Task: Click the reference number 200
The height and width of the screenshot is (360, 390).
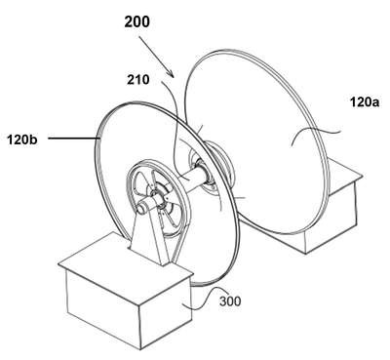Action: (x=137, y=22)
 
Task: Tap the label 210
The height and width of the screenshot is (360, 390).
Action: (x=138, y=79)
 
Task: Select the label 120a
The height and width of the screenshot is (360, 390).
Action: (x=365, y=102)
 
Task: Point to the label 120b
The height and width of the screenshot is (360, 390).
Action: (x=22, y=140)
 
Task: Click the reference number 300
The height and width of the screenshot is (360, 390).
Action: (x=230, y=301)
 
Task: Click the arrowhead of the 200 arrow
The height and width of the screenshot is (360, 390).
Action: (x=171, y=73)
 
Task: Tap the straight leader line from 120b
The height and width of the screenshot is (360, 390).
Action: (x=74, y=139)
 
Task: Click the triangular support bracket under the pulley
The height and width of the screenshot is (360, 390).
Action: (x=150, y=237)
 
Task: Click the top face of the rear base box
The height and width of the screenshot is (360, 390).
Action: (x=341, y=179)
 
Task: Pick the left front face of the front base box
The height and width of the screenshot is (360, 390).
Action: (x=103, y=302)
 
